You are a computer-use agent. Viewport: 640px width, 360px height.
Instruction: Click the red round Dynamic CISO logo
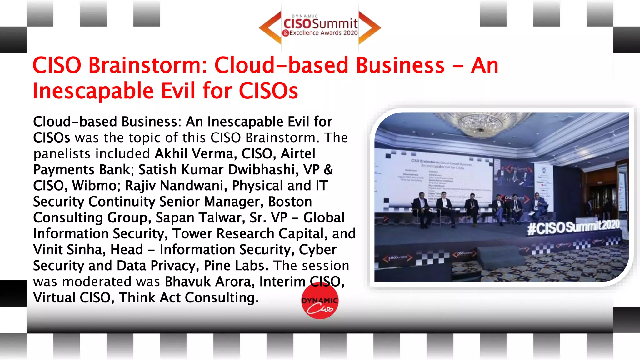tap(320, 301)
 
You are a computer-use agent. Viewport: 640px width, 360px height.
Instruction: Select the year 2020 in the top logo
tap(350, 33)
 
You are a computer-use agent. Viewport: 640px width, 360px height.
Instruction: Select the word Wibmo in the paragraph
tap(94, 186)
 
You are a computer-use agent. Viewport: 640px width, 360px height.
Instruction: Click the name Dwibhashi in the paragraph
tap(261, 170)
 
